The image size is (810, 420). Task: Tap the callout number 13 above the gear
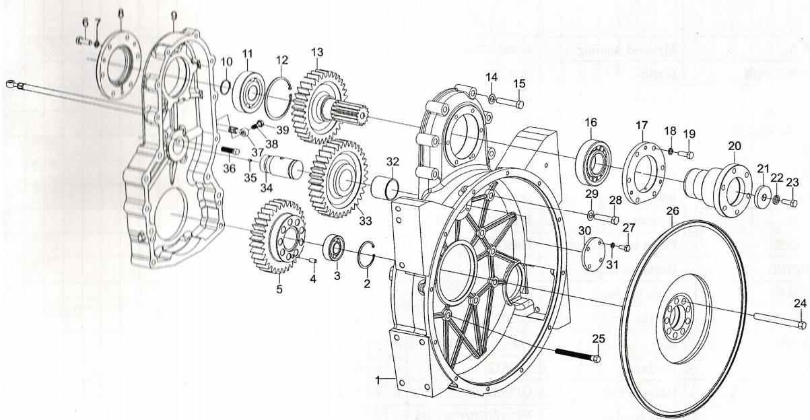(316, 52)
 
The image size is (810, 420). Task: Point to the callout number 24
(799, 304)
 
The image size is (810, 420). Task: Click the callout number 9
(174, 15)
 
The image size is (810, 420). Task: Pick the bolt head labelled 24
(801, 324)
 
